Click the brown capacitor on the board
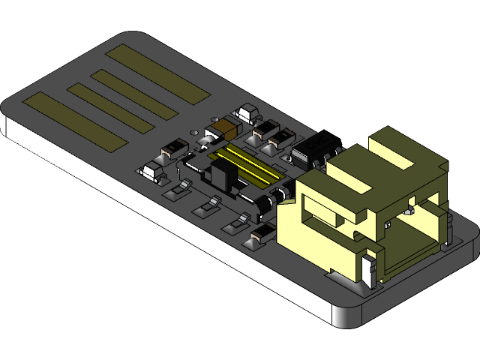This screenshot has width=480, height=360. [224, 128]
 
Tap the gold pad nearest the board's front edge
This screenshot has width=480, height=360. [75, 121]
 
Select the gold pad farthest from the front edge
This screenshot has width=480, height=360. [157, 74]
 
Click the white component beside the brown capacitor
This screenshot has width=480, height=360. [247, 114]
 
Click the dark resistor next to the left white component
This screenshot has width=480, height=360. [174, 148]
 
